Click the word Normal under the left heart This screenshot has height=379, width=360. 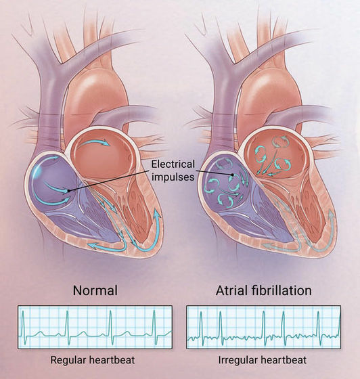95,290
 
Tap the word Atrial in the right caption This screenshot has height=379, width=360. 231,290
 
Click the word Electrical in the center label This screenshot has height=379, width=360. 173,164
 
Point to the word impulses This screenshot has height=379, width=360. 173,177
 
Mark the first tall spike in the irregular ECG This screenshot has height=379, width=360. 201,326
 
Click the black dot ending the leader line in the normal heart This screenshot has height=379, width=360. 69,191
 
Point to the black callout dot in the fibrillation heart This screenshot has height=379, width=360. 232,175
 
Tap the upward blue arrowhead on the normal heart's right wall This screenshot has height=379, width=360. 157,215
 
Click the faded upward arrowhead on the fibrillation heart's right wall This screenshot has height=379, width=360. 332,215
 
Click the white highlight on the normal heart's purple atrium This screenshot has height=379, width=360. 37,172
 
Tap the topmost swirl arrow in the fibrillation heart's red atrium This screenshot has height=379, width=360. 280,141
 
